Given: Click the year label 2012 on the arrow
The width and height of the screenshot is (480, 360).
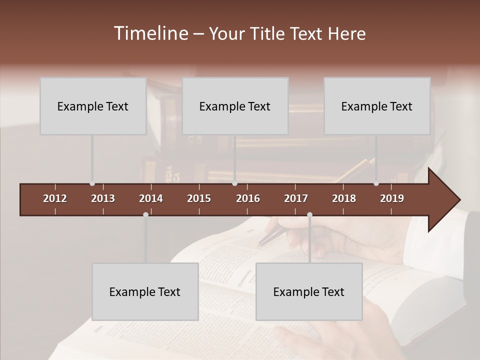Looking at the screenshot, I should (x=55, y=198).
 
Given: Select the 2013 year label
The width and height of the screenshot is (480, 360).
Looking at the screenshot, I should (x=103, y=198).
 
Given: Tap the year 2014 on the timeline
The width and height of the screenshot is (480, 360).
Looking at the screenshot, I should (x=151, y=198).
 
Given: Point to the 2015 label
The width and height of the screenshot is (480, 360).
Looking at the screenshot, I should (x=199, y=198).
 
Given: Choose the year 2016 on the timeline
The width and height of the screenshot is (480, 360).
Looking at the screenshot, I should (x=248, y=198).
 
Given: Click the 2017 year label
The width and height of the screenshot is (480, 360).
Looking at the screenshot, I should (x=296, y=198).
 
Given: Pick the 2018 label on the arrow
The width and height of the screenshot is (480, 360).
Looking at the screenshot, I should (x=344, y=198).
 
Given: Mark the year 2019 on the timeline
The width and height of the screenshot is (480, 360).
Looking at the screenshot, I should (x=392, y=198).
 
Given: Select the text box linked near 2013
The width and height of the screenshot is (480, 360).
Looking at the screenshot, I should (x=93, y=106).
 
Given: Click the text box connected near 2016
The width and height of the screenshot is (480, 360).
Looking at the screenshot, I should (x=235, y=106).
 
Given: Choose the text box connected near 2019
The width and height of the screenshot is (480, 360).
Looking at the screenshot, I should (x=377, y=106).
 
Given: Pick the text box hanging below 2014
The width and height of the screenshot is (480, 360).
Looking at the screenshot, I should (x=145, y=291).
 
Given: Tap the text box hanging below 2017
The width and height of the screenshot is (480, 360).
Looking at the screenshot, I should (x=309, y=291).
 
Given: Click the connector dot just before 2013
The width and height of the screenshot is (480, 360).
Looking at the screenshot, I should (x=92, y=183).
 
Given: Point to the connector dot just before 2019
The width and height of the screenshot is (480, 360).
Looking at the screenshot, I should (x=376, y=183).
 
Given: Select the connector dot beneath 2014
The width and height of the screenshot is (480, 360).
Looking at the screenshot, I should (x=145, y=214).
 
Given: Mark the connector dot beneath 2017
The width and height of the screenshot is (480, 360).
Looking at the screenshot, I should (x=309, y=214).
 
